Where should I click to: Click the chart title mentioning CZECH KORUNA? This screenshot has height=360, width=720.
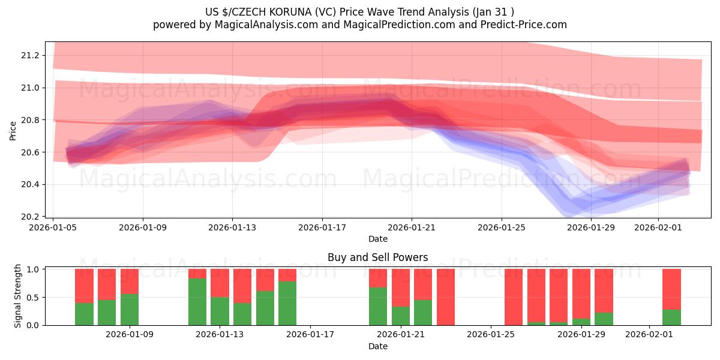pyautogui.click(x=360, y=11)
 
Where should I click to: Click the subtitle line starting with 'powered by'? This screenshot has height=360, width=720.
pyautogui.click(x=360, y=25)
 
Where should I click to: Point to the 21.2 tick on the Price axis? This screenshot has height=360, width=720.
pyautogui.click(x=30, y=55)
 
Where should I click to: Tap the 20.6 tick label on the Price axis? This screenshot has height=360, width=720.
pyautogui.click(x=30, y=152)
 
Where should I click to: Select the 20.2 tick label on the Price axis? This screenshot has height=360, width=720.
pyautogui.click(x=30, y=217)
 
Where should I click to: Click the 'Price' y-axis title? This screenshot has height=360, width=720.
pyautogui.click(x=13, y=130)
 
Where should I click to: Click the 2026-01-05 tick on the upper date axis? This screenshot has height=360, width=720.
pyautogui.click(x=53, y=227)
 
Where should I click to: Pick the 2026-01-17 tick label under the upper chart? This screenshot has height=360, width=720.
pyautogui.click(x=322, y=227)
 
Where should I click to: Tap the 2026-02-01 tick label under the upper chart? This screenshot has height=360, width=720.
pyautogui.click(x=658, y=227)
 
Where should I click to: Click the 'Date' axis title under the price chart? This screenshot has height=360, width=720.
pyautogui.click(x=378, y=239)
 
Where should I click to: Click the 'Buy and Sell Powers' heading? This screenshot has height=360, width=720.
pyautogui.click(x=378, y=257)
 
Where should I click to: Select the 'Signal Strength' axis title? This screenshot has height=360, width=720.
pyautogui.click(x=18, y=296)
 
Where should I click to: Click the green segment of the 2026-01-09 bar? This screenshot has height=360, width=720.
pyautogui.click(x=130, y=310)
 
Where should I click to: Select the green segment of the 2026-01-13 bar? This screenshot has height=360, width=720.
pyautogui.click(x=220, y=311)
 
